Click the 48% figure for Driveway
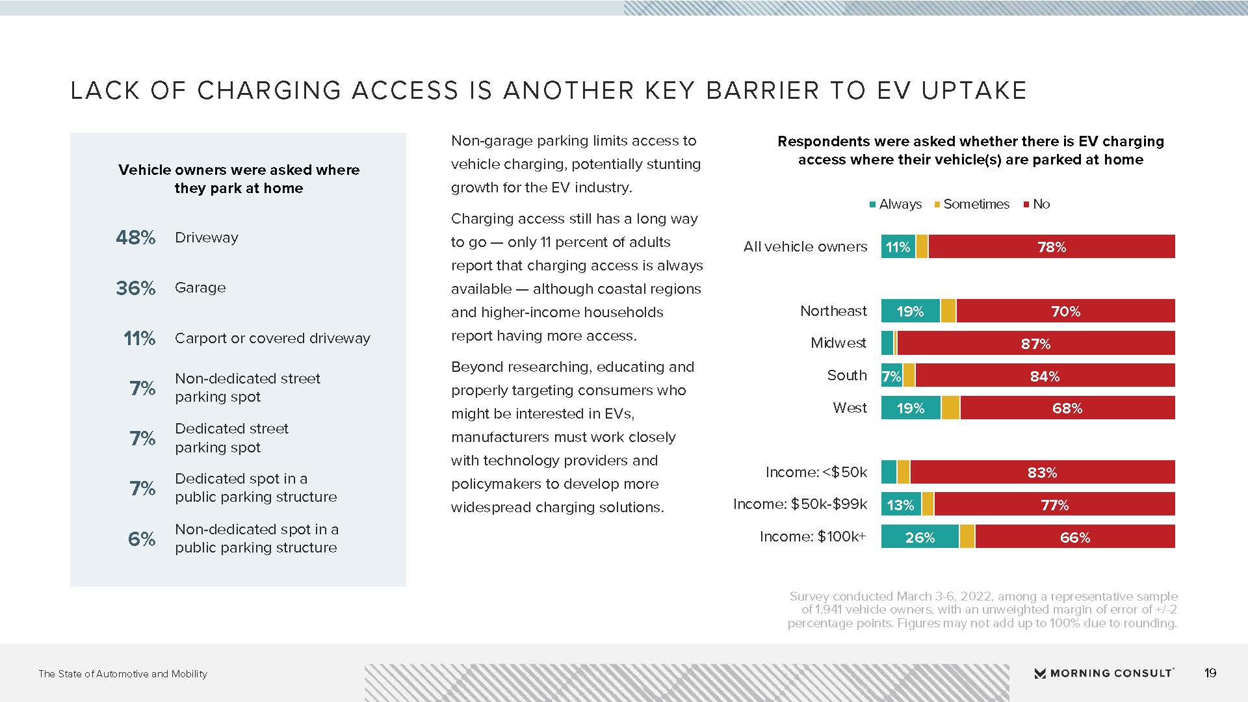coord(135,238)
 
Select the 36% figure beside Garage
coord(135,288)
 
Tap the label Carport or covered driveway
coord(272,338)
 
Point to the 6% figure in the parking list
coord(141,539)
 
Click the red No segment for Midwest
coord(1036,343)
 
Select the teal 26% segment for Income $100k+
coord(920,537)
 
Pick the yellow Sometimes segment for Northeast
coord(948,311)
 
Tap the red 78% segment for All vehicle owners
coord(1052,246)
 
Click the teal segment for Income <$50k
coord(889,472)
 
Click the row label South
coord(847,376)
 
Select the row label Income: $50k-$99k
coord(800,504)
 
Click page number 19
coord(1210,673)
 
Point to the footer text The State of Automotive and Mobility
coord(123,674)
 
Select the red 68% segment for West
coord(1067,408)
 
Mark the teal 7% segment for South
coord(891,376)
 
